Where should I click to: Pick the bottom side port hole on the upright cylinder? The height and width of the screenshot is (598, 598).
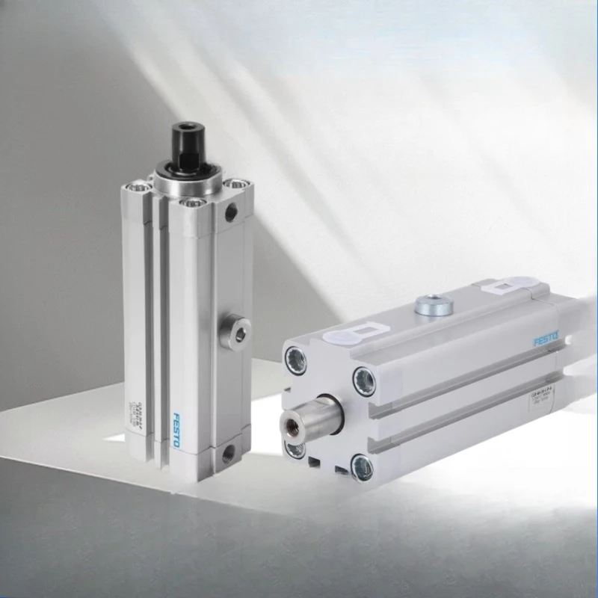pos(227,451)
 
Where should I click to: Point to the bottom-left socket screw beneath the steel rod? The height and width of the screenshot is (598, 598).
pos(293,449)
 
